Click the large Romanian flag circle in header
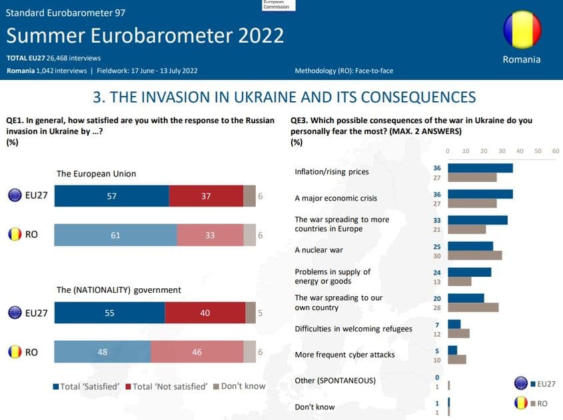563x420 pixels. pos(522,30)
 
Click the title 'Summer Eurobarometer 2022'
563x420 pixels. pos(145,35)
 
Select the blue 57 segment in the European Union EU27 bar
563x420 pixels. pos(111,196)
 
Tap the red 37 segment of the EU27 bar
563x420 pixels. pos(206,196)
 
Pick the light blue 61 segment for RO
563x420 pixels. pos(115,235)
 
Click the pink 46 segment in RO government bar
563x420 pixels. pos(197,352)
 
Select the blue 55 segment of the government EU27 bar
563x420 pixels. pos(109,313)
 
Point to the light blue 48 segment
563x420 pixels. pos(102,352)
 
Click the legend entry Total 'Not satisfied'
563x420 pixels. pos(170,386)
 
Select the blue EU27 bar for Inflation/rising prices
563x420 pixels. pos(480,168)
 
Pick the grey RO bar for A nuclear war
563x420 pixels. pos(474,255)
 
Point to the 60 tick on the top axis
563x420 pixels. pos(556,151)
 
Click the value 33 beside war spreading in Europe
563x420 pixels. pos(438,220)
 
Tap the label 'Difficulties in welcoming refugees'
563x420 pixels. pos(353,329)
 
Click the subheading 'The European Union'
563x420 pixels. pos(96,174)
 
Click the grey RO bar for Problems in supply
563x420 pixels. pos(459,281)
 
